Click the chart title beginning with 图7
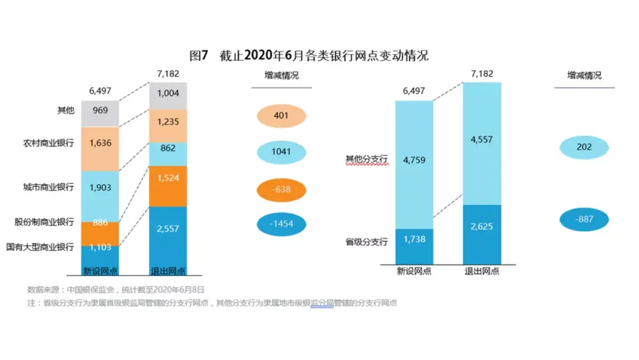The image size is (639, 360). coord(308,56)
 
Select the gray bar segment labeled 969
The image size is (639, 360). coord(100,113)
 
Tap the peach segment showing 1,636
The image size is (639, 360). coord(100,149)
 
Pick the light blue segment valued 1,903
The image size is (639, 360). coord(100,196)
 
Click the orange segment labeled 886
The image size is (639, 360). coord(100,233)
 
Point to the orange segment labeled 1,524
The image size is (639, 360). coord(167,186)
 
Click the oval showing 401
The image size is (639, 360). coord(282,115)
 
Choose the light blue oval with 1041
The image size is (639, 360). coord(282,152)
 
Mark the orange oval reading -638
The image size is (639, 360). coord(282,189)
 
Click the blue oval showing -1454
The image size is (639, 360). coord(282,224)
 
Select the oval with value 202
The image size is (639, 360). coord(584,147)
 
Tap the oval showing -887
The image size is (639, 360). coord(584,219)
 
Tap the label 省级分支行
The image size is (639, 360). coord(367,242)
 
